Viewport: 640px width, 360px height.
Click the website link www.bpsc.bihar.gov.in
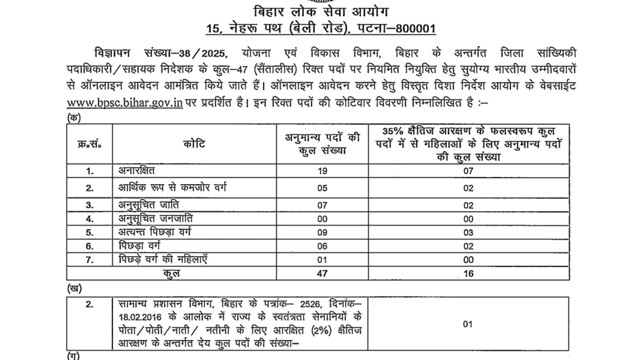pyautogui.click(x=125, y=103)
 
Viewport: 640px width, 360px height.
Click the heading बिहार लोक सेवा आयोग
pyautogui.click(x=321, y=12)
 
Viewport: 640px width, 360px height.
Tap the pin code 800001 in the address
pyautogui.click(x=416, y=29)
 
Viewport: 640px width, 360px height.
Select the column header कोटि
pyautogui.click(x=194, y=144)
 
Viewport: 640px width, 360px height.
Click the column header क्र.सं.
pyautogui.click(x=89, y=144)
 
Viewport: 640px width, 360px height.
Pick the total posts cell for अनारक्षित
pyautogui.click(x=322, y=171)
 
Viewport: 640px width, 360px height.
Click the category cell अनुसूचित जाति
pyautogui.click(x=149, y=205)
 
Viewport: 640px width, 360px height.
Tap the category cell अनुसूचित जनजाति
pyautogui.click(x=155, y=219)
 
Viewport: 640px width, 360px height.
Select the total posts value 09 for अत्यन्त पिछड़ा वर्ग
pyautogui.click(x=322, y=232)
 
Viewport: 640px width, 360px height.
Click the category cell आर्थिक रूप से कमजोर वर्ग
pyautogui.click(x=172, y=188)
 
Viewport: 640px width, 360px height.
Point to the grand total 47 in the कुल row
pyautogui.click(x=322, y=273)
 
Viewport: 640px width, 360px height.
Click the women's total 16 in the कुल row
pyautogui.click(x=468, y=274)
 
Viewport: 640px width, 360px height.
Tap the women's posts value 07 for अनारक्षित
pyautogui.click(x=468, y=171)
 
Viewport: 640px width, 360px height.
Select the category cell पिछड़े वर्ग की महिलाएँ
pyautogui.click(x=163, y=259)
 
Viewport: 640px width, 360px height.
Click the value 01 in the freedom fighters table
pyautogui.click(x=468, y=324)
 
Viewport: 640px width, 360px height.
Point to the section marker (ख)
pyautogui.click(x=74, y=288)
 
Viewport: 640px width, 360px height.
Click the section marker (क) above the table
pyautogui.click(x=74, y=118)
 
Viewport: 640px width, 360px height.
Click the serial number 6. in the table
pyautogui.click(x=89, y=246)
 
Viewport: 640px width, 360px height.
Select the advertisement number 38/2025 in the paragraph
pyautogui.click(x=203, y=54)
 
